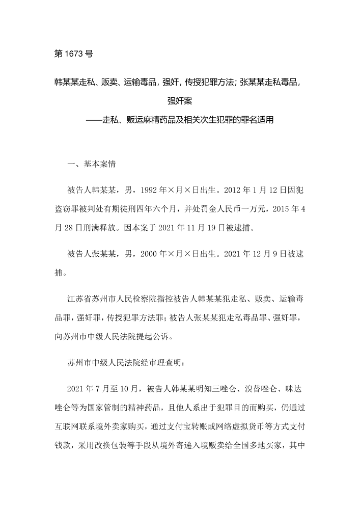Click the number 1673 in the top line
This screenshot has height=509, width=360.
point(75,53)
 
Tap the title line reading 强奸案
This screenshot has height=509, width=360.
point(180,100)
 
